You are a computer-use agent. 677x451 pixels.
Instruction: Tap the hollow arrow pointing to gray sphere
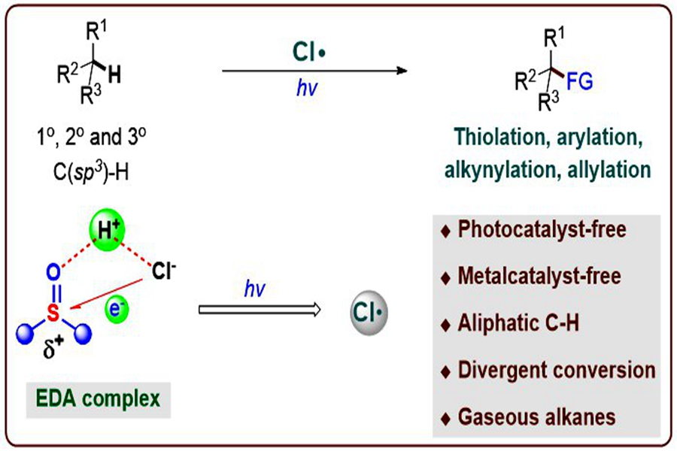[x=260, y=309]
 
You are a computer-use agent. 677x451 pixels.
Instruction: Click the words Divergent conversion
[x=548, y=370]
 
